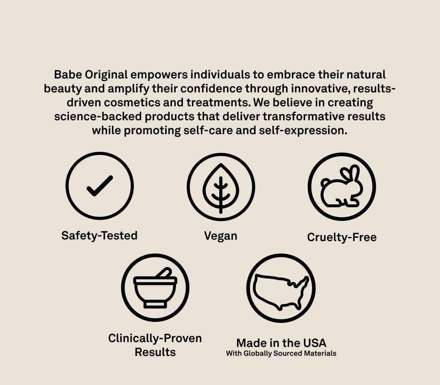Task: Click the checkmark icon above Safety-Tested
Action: pos(99,186)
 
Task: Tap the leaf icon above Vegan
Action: pos(221,187)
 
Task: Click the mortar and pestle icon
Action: pos(155,287)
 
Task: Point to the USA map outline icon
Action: pos(281,288)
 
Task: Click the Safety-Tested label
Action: pos(99,235)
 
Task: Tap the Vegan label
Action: pos(220,236)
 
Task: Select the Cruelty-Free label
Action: pos(342,237)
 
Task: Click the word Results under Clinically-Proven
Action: pos(155,352)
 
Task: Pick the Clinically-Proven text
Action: pos(155,338)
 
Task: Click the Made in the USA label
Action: pos(281,343)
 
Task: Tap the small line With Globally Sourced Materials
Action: pos(281,353)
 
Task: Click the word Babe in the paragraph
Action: pos(68,75)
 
